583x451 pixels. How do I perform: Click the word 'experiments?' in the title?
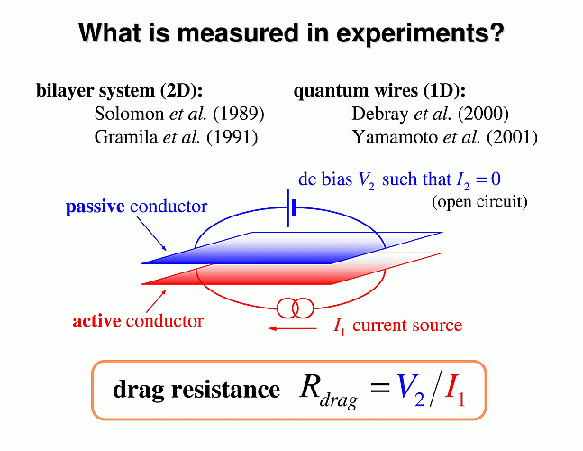420,33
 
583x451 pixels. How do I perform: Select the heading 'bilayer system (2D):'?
119,91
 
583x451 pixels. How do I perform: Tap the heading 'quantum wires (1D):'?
379,91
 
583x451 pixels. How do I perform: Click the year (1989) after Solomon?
239,114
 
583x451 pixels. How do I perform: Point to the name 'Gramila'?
126,137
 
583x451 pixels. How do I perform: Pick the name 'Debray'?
379,114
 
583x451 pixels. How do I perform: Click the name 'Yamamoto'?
396,137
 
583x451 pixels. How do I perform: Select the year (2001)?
513,137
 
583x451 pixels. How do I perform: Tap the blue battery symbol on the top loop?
291,207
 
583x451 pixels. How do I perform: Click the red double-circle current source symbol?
296,308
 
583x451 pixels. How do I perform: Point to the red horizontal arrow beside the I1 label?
292,328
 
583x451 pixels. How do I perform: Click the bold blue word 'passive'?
96,207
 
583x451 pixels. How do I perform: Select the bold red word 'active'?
96,321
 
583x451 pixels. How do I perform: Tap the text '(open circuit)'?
479,202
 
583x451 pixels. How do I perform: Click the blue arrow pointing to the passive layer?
151,234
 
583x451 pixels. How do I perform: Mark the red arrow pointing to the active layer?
156,300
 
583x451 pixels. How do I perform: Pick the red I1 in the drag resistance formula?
455,389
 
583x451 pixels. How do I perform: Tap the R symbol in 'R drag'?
310,387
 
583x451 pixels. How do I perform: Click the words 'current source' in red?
407,326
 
